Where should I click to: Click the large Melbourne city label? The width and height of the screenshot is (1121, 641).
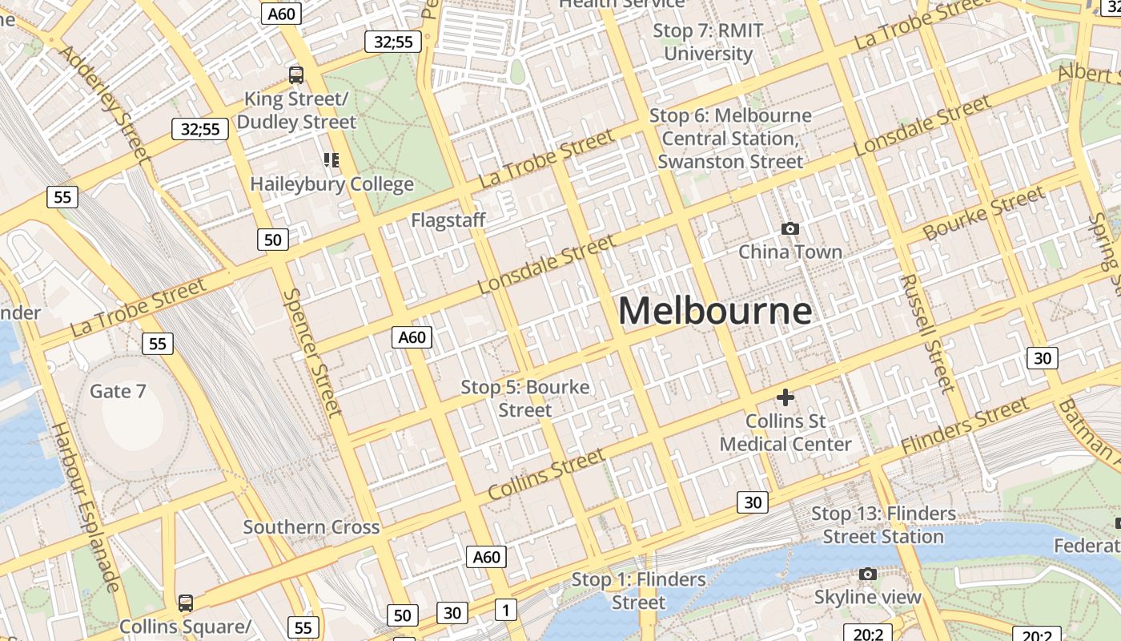click(x=715, y=311)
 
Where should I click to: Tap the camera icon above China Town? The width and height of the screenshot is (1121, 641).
click(x=790, y=229)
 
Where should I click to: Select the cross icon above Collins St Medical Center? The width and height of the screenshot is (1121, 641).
click(x=786, y=397)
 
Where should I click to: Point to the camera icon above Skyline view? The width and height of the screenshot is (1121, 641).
click(x=867, y=574)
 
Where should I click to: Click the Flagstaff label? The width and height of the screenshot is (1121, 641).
click(x=448, y=220)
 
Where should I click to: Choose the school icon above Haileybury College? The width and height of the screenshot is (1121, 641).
click(x=331, y=160)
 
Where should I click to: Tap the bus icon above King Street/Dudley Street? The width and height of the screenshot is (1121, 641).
click(x=296, y=75)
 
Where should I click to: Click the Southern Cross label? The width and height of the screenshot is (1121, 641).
click(x=311, y=527)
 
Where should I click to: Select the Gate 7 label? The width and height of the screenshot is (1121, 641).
click(x=118, y=391)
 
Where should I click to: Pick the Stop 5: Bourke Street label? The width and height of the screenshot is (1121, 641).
click(x=525, y=398)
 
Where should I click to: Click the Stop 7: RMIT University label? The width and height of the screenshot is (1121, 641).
click(x=709, y=42)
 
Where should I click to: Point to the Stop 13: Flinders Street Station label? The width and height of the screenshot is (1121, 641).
click(x=883, y=525)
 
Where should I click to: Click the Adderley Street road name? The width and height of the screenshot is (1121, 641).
click(x=106, y=103)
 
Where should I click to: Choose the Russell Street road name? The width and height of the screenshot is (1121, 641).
click(x=928, y=333)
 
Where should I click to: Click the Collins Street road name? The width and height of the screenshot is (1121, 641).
click(x=546, y=474)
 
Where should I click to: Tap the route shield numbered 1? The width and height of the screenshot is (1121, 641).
click(x=505, y=610)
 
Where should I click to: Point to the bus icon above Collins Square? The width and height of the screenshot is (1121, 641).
click(x=185, y=603)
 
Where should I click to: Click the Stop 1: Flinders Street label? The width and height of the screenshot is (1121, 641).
click(x=638, y=591)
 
